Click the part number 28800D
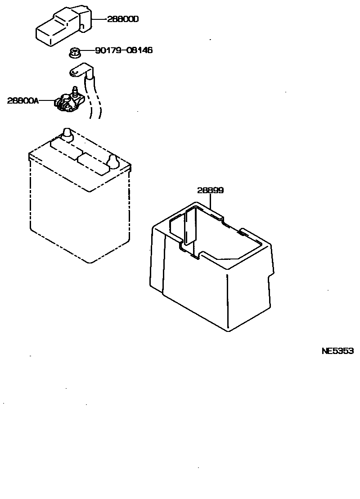123,19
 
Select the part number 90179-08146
124,50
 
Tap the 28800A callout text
23,100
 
